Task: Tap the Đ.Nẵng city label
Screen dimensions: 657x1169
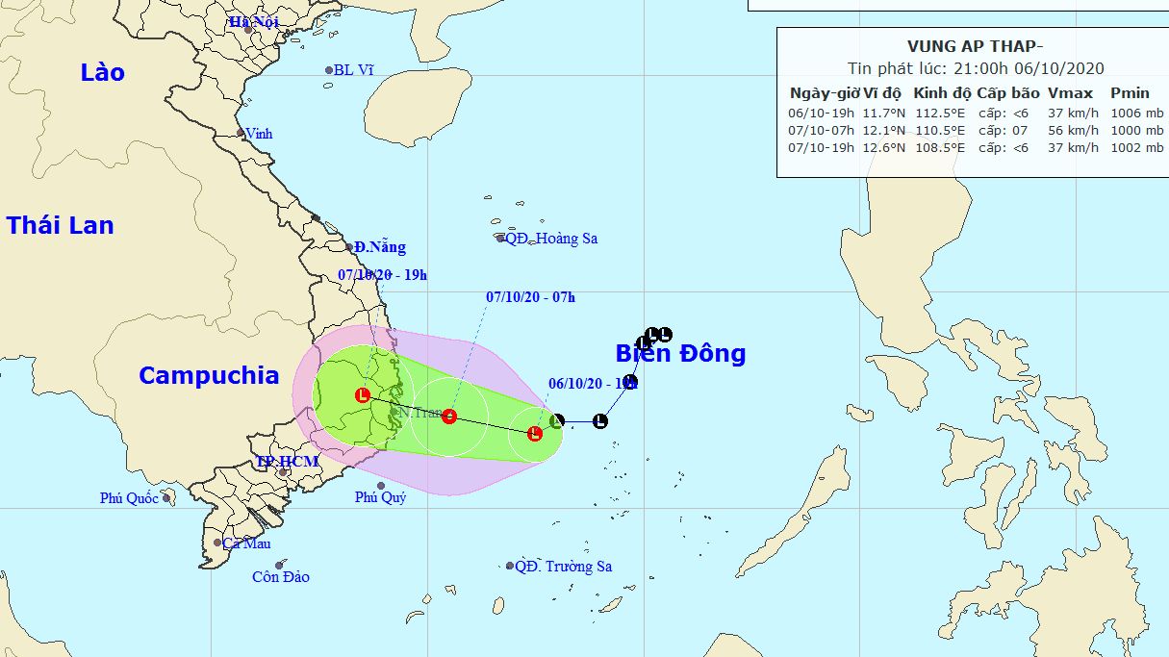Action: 379,247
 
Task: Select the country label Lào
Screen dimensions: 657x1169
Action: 103,72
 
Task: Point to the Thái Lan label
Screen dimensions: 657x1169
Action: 60,226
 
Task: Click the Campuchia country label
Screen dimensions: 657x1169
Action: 209,375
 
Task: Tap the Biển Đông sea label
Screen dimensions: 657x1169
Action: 680,353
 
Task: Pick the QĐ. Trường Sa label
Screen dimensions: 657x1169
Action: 563,567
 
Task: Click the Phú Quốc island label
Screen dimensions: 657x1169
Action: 130,498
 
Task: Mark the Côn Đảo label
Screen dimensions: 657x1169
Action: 281,577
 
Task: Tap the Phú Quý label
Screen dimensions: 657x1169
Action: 380,497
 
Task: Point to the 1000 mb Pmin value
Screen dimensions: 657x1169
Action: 1136,130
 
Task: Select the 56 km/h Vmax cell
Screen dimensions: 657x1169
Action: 1073,130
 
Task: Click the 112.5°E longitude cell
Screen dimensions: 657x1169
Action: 941,113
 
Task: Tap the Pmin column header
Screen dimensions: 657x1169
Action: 1130,93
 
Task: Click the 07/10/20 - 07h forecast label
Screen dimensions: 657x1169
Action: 530,297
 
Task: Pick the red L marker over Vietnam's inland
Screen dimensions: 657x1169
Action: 363,395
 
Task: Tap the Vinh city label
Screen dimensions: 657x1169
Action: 259,134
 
